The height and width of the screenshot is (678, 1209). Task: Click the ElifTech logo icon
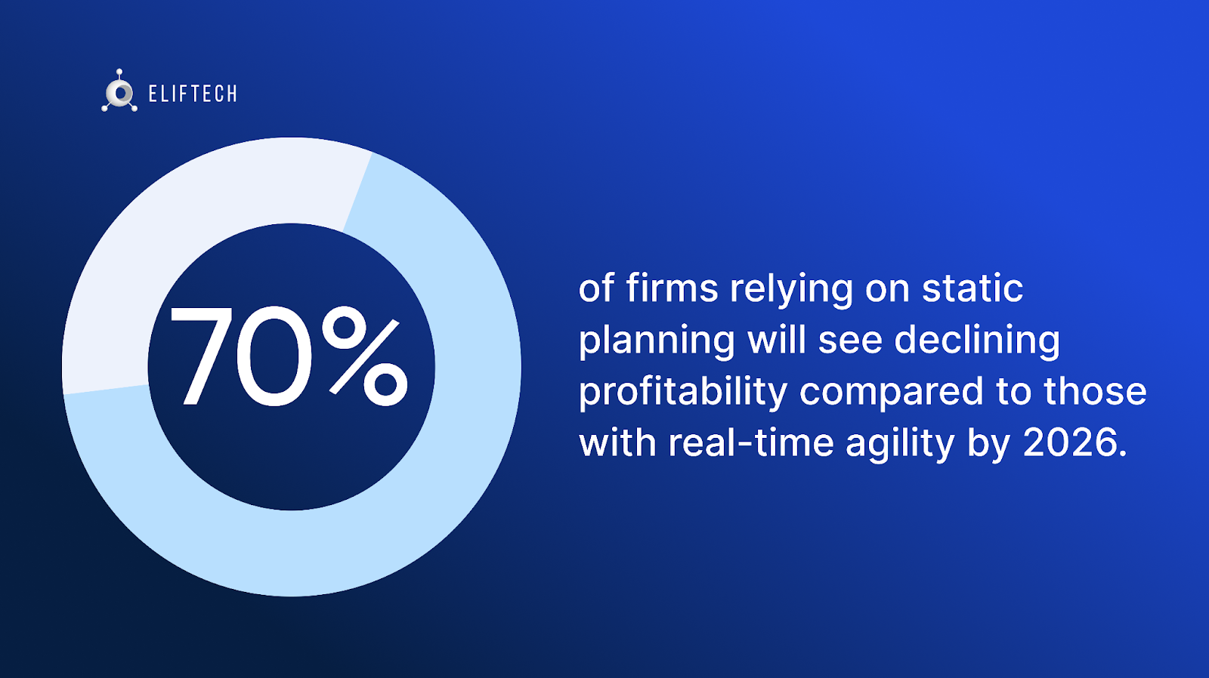click(x=119, y=91)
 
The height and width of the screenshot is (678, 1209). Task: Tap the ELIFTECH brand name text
click(x=193, y=94)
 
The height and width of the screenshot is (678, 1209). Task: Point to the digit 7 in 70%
click(x=201, y=356)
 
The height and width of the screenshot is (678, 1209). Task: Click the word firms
click(x=672, y=288)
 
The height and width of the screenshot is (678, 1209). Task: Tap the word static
click(x=972, y=288)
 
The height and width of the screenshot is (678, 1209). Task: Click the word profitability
click(x=683, y=392)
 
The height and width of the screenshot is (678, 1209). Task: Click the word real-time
click(x=751, y=442)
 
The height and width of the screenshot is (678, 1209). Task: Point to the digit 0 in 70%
click(x=274, y=356)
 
